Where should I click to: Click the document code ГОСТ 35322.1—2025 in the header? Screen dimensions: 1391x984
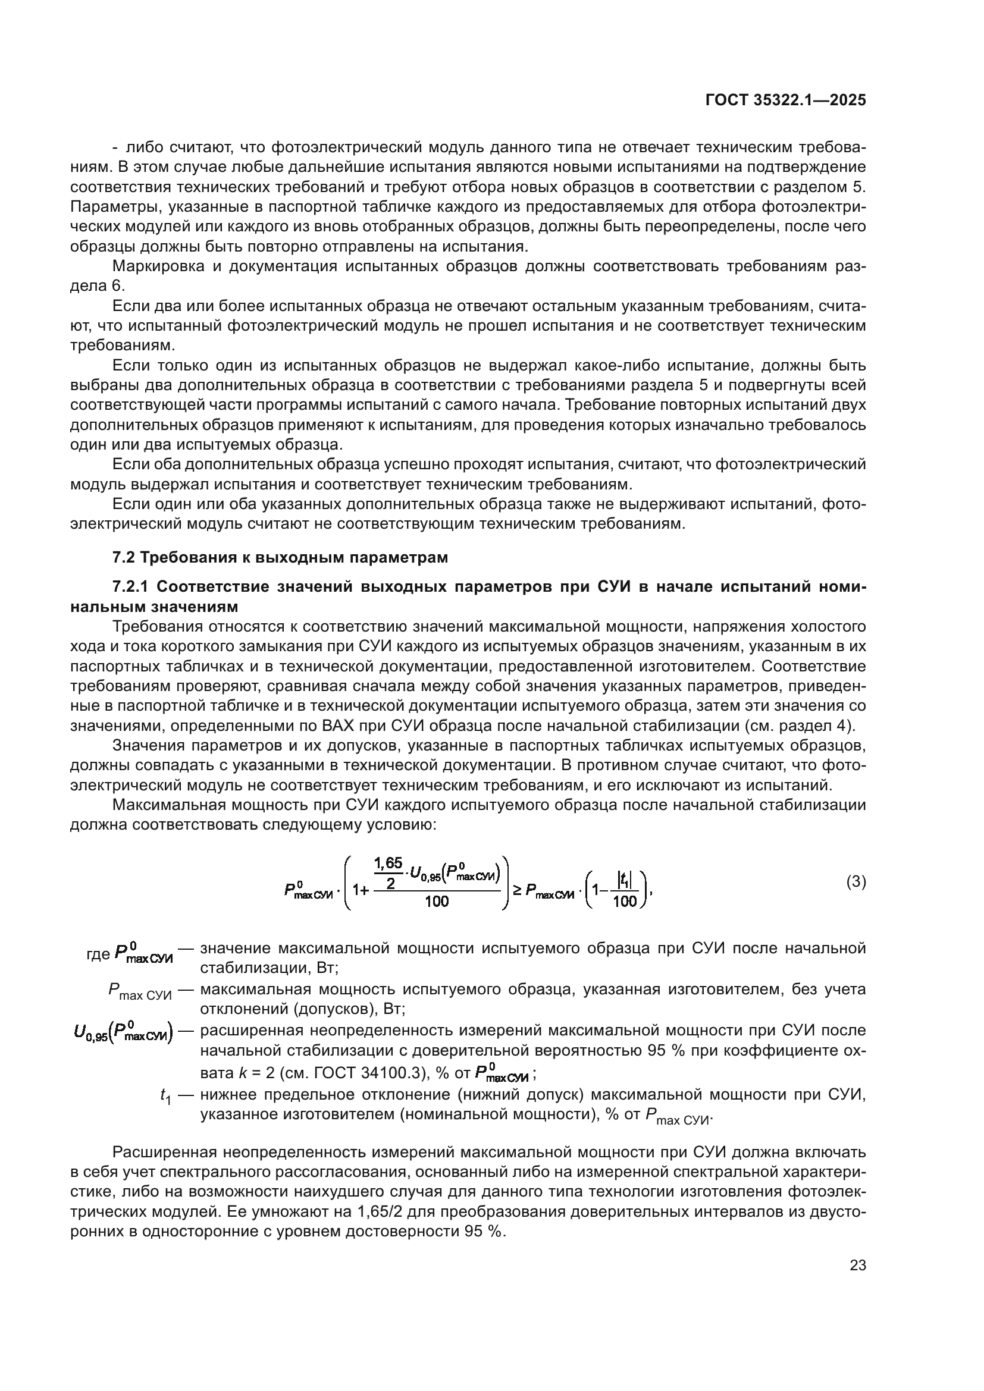785,101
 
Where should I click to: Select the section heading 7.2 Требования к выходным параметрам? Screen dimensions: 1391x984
280,557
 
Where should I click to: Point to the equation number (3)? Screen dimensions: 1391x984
855,881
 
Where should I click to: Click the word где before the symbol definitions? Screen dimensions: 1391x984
98,954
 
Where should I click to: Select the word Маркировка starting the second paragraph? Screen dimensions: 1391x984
158,266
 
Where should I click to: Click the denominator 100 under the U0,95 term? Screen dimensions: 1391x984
436,902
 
